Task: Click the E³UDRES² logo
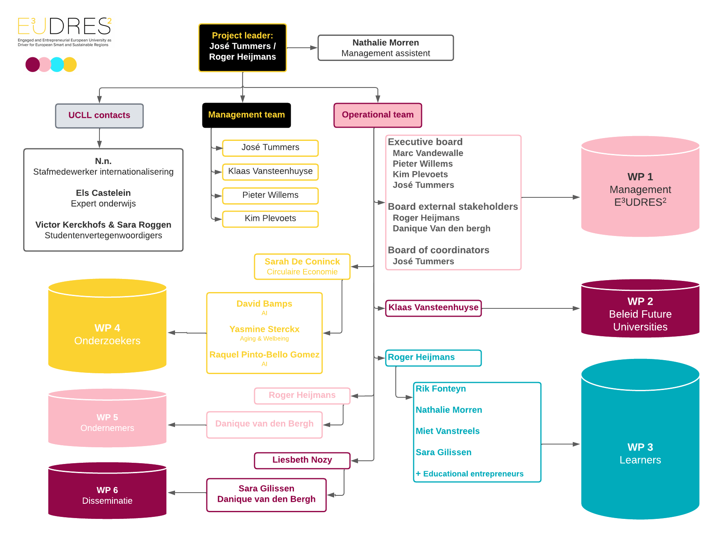(64, 32)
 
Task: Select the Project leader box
(243, 48)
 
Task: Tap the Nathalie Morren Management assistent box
(386, 48)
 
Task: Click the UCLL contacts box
(99, 116)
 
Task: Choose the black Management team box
(247, 115)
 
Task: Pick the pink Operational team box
(378, 115)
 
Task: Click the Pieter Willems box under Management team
(270, 195)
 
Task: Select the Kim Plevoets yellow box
(270, 219)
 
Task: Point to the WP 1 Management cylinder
(640, 187)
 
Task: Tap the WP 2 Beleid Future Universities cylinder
(640, 308)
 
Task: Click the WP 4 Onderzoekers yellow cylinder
(107, 326)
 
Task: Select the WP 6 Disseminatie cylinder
(107, 491)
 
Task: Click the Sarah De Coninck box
(302, 267)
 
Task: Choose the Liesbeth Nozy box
(302, 460)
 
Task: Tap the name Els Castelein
(103, 193)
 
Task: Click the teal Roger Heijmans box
(434, 358)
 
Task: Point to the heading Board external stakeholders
(453, 207)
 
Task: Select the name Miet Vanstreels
(447, 431)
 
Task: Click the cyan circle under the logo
(57, 64)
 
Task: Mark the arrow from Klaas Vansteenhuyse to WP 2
(531, 308)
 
